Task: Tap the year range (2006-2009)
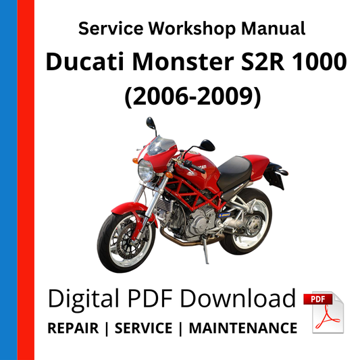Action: tap(191, 97)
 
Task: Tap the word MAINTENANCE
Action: tap(242, 328)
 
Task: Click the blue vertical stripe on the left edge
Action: tap(9, 180)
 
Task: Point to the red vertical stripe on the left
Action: tap(26, 180)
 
